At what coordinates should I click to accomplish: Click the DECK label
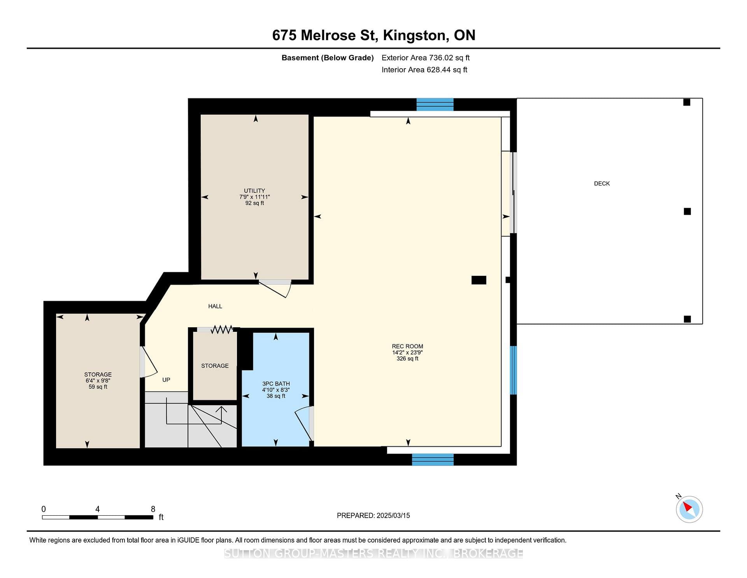(601, 183)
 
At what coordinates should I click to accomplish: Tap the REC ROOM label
(407, 346)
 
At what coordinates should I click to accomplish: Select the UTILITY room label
(254, 191)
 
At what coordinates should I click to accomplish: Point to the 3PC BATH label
(276, 384)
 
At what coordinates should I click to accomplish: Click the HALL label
(215, 306)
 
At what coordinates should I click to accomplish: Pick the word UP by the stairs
(166, 380)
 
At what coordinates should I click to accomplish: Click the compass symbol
(689, 509)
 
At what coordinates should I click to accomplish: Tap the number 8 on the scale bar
(153, 509)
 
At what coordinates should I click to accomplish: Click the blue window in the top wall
(435, 104)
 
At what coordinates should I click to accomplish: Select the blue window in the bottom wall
(433, 460)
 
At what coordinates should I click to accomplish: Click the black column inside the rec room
(479, 280)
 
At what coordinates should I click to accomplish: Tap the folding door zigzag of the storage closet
(222, 330)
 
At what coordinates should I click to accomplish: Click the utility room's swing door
(275, 288)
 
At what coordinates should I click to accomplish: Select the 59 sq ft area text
(98, 387)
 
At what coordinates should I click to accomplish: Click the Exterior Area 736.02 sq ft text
(426, 58)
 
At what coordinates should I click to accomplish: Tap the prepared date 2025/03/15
(393, 515)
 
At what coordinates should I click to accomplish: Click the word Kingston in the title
(414, 35)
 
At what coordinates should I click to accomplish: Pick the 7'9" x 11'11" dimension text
(254, 197)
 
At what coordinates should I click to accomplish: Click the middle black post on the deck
(687, 211)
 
